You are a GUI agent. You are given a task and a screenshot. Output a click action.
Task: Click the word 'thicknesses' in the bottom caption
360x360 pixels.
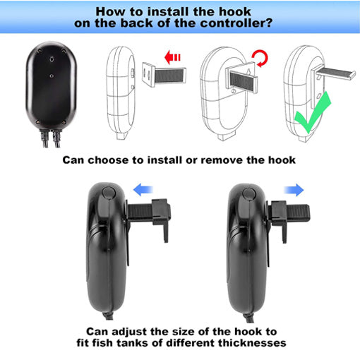point(246,344)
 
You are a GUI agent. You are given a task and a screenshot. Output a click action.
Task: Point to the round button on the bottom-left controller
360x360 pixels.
point(107,193)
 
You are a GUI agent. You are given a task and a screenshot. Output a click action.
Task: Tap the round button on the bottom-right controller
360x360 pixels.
point(248,193)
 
